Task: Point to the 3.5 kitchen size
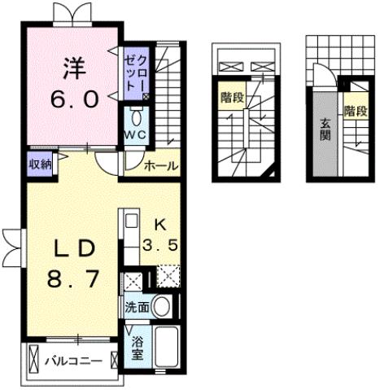(x=159, y=243)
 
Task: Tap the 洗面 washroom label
(x=136, y=308)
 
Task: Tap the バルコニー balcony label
(x=73, y=359)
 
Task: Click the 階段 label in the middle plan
(x=230, y=99)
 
